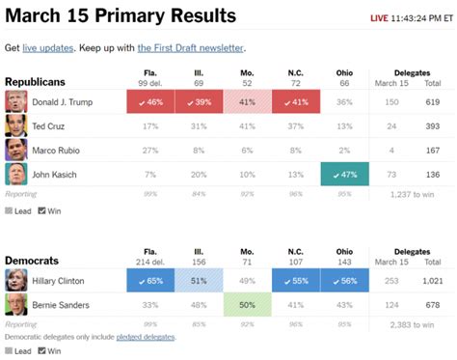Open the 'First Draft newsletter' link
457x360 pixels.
(x=190, y=48)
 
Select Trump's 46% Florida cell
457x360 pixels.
(x=150, y=101)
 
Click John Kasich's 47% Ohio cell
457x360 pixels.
(x=343, y=175)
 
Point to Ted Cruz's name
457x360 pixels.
(x=50, y=125)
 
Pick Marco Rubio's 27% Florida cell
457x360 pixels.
(x=150, y=151)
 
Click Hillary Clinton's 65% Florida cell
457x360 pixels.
(x=150, y=281)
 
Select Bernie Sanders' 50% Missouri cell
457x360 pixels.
(x=247, y=305)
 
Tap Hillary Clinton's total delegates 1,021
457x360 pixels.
(x=432, y=281)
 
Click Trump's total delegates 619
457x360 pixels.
(x=434, y=101)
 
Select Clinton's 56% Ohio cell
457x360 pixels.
(x=343, y=281)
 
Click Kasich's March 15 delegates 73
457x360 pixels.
(x=391, y=175)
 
